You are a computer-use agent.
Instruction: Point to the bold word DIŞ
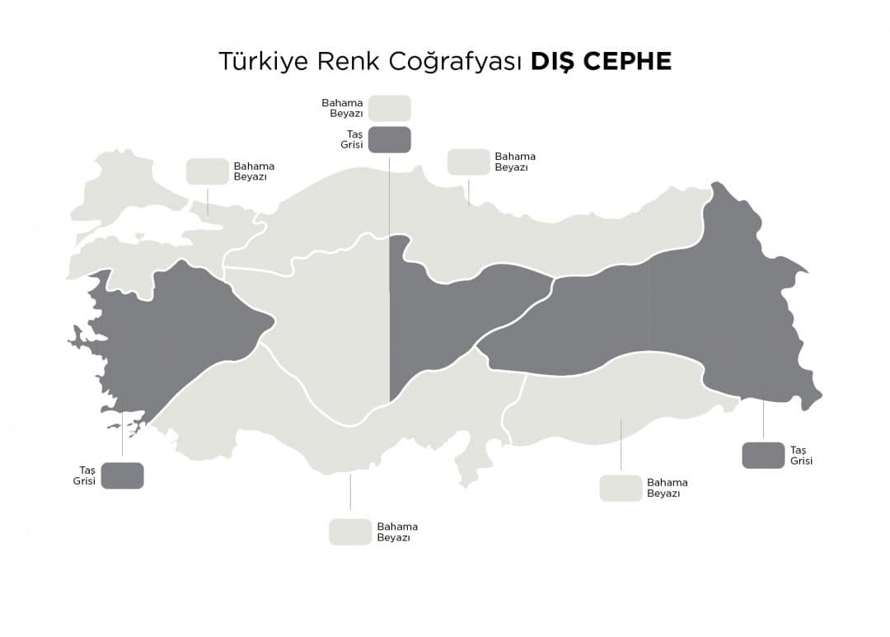click(550, 62)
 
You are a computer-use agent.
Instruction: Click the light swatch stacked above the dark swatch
click(389, 108)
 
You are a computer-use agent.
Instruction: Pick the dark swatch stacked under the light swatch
click(389, 139)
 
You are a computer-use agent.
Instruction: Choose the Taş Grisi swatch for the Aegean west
click(122, 475)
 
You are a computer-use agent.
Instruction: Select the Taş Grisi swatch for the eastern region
click(763, 455)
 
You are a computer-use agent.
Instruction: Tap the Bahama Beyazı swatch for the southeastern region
click(621, 488)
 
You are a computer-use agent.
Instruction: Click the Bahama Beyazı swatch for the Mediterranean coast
click(350, 532)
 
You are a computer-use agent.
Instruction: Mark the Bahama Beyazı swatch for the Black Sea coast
click(468, 162)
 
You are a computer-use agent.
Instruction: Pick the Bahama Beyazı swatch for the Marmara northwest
click(207, 171)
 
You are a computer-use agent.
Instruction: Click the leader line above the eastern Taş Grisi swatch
click(763, 416)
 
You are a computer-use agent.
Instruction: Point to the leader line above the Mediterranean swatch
click(350, 492)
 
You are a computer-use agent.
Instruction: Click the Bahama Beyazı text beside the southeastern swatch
click(667, 488)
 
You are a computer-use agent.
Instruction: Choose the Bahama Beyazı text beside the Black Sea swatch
click(514, 162)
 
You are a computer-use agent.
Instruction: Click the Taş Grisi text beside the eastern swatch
click(801, 455)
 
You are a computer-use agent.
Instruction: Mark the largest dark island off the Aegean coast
click(82, 335)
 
